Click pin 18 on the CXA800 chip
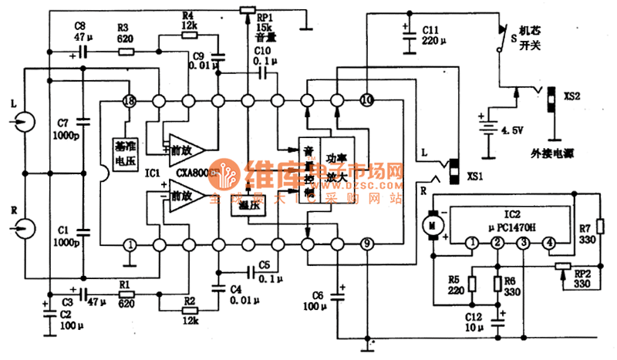pos(130,101)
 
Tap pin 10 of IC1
pos(366,100)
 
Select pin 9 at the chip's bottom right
pos(366,244)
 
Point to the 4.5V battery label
pos(511,130)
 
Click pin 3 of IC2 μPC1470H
pos(524,244)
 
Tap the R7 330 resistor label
pos(588,234)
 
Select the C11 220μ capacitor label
pos(437,34)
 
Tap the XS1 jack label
pos(477,176)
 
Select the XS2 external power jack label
pos(571,98)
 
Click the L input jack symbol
pos(24,122)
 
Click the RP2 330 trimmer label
pos(583,278)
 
